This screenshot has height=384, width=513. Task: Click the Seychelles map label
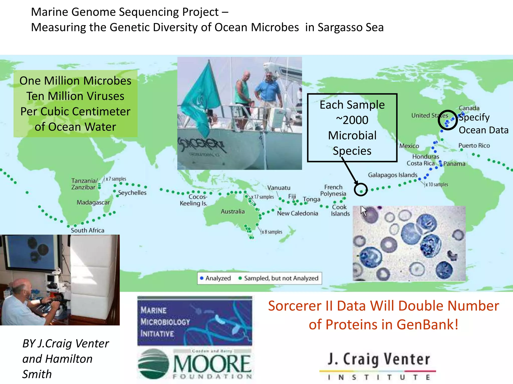point(132,193)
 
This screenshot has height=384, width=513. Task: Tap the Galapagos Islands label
point(393,175)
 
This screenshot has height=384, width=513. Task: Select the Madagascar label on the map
point(93,202)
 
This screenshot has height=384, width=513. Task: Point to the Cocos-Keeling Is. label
point(194,200)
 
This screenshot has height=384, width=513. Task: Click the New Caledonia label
point(297,213)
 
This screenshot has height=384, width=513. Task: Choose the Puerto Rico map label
point(474,145)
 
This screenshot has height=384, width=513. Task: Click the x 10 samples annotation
point(437,184)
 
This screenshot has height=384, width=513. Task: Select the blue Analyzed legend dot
point(202,278)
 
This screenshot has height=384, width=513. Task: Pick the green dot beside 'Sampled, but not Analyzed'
point(240,278)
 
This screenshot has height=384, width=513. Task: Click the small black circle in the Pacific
point(361,189)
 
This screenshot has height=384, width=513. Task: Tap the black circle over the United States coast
point(448,120)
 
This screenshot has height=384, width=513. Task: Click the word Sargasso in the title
point(340,27)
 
